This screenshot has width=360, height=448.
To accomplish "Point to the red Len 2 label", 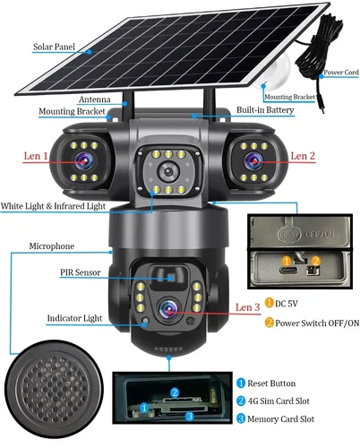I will [x=304, y=155].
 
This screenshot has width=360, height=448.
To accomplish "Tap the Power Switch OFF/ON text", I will [x=313, y=323].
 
